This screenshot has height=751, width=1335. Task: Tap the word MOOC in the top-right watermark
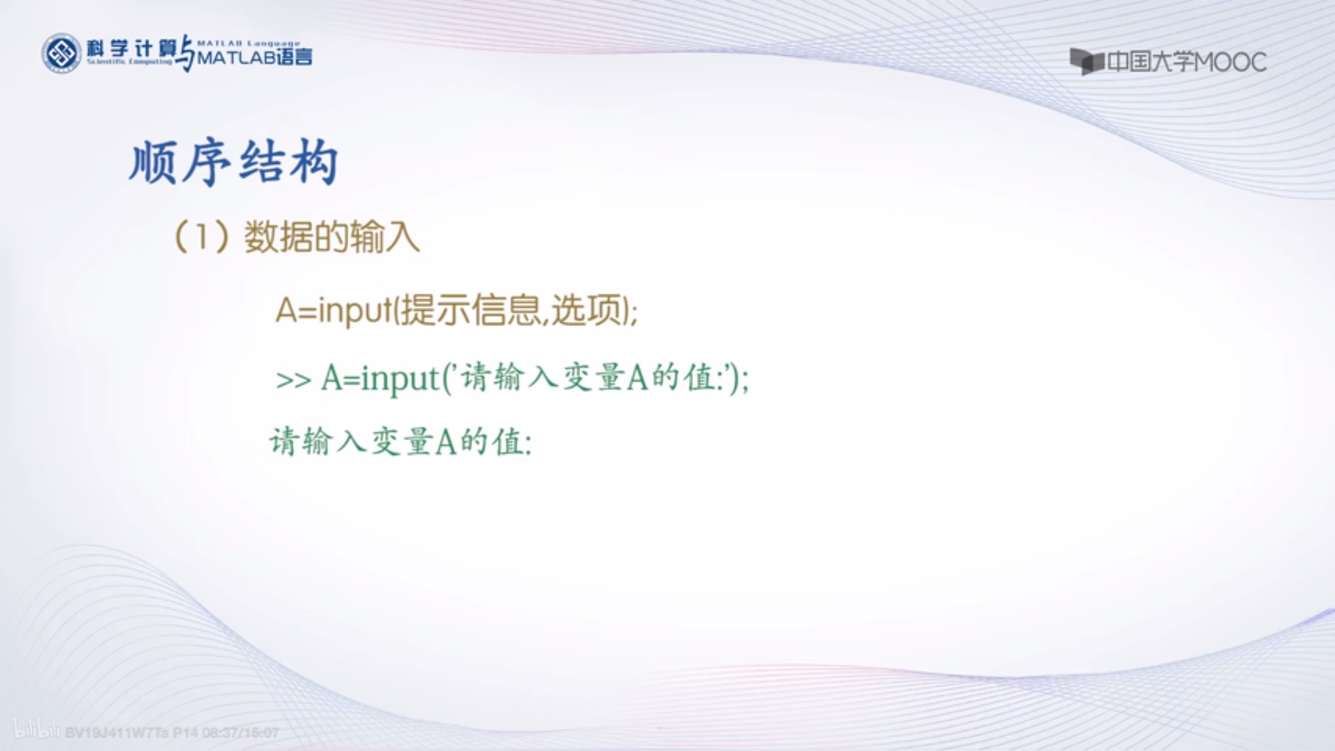(x=1231, y=63)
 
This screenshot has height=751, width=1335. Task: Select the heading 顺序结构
(x=234, y=162)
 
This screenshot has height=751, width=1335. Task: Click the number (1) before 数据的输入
(x=202, y=237)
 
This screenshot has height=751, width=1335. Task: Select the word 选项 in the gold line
(x=587, y=310)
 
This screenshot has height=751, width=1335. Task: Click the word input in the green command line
(x=400, y=379)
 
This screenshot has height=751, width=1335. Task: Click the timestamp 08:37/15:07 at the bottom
(x=241, y=733)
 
